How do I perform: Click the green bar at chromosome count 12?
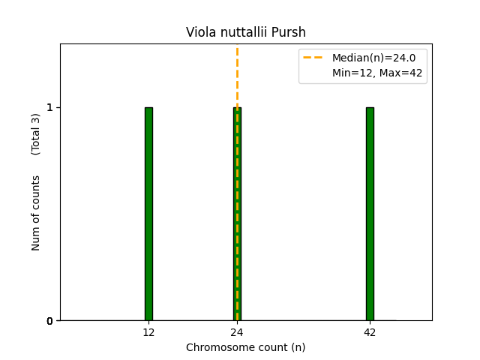pos(148,214)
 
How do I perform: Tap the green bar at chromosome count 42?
pos(370,214)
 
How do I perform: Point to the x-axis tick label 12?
pos(148,332)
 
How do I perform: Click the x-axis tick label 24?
pos(237,332)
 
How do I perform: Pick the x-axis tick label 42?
pos(370,332)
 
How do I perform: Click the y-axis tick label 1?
pos(50,107)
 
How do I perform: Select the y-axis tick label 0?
pos(50,321)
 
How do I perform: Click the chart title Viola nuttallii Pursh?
pos(246,32)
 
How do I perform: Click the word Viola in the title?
pos(199,32)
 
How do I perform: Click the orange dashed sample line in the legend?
pos(313,58)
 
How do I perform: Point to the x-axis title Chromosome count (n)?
pos(246,347)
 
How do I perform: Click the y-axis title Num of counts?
pos(36,213)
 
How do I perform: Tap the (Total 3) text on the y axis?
pos(36,134)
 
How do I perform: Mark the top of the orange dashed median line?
pos(237,49)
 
